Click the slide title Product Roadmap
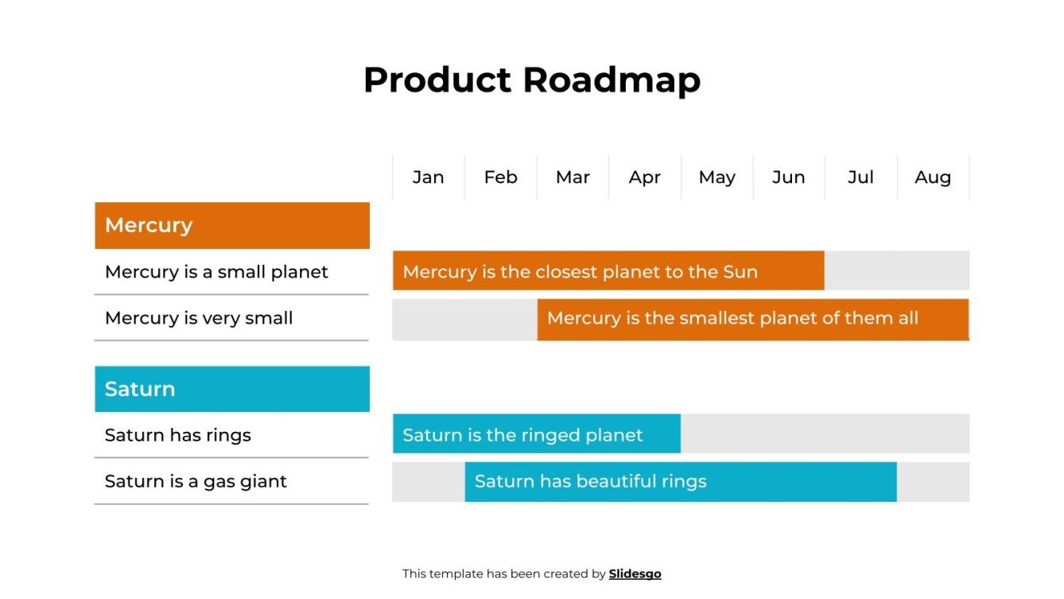coord(531,80)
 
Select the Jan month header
coord(428,177)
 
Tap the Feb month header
coord(500,177)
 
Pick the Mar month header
coord(573,177)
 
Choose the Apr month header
coord(644,177)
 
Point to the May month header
coord(716,177)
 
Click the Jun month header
coord(788,177)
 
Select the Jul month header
coord(860,177)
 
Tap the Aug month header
coord(932,177)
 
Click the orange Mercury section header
coord(231,225)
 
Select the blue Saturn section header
coord(231,389)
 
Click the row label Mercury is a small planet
coord(216,272)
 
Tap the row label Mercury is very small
coord(199,318)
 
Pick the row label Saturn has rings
coord(178,435)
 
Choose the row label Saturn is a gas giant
coord(196,481)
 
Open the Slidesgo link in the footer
coord(635,574)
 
